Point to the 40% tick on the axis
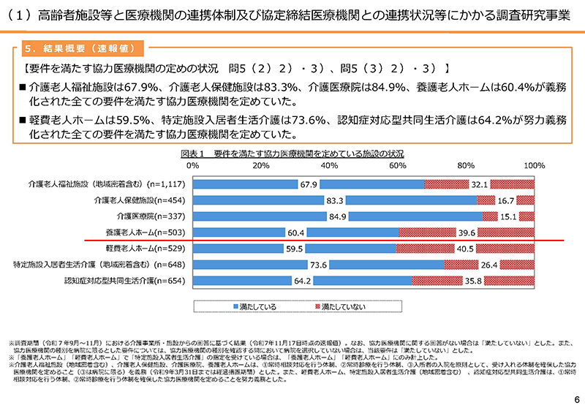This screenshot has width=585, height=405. pyautogui.click(x=329, y=166)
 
